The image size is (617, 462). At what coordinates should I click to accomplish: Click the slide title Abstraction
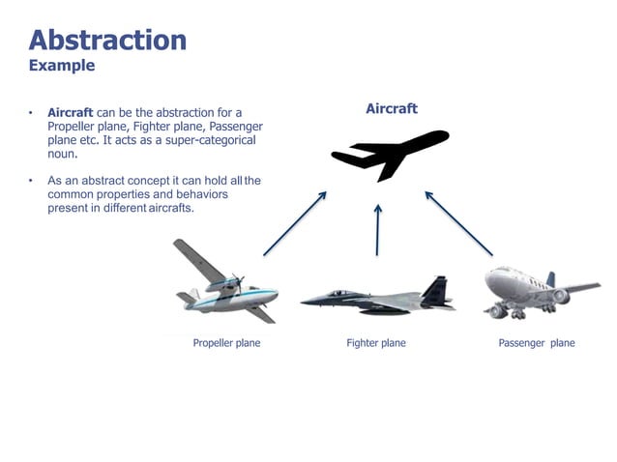pyautogui.click(x=107, y=40)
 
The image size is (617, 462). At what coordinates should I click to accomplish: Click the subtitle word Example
pyautogui.click(x=62, y=66)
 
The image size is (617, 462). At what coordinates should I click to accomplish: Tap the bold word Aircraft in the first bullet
pyautogui.click(x=70, y=113)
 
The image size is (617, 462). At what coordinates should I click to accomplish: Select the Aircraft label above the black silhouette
pyautogui.click(x=392, y=109)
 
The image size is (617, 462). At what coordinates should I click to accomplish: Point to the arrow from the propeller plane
pyautogui.click(x=295, y=222)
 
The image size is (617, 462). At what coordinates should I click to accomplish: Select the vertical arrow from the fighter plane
pyautogui.click(x=378, y=228)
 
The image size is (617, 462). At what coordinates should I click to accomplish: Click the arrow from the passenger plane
pyautogui.click(x=458, y=222)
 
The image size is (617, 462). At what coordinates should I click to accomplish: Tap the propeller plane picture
pyautogui.click(x=224, y=282)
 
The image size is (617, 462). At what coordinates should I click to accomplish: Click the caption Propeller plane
pyautogui.click(x=226, y=343)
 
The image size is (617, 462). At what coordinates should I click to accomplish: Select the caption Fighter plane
pyautogui.click(x=376, y=343)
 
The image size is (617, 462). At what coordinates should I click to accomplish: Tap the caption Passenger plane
pyautogui.click(x=536, y=343)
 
